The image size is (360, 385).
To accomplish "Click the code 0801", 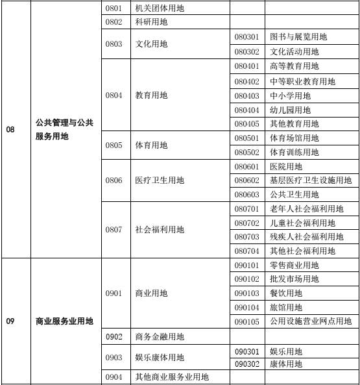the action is click(114, 8).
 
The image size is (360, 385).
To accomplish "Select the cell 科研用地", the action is click(151, 22).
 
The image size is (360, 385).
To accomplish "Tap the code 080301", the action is click(246, 37).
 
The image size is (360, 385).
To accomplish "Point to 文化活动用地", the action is click(294, 52).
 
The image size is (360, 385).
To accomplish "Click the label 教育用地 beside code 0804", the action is click(151, 95).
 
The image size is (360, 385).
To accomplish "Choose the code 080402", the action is click(246, 82).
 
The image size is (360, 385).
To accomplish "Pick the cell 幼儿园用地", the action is click(290, 110).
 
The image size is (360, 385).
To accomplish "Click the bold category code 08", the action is click(10, 129).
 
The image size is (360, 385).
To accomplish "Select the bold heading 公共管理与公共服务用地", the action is click(64, 129).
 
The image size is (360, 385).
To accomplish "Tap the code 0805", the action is click(114, 145).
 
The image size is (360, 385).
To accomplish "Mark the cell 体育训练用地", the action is click(294, 152).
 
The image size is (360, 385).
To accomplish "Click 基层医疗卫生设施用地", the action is click(311, 180).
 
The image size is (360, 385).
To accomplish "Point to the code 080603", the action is click(246, 195).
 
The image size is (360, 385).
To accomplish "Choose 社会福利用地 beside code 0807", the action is click(160, 230).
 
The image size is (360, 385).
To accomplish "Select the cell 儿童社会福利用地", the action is click(302, 223).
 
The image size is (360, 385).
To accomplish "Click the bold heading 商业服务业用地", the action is click(64, 321).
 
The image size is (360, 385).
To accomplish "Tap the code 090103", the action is click(246, 293).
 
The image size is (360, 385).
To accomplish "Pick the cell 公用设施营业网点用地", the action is click(311, 321).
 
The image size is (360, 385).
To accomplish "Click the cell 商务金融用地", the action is click(160, 336).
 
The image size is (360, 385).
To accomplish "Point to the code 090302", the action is click(246, 364).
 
